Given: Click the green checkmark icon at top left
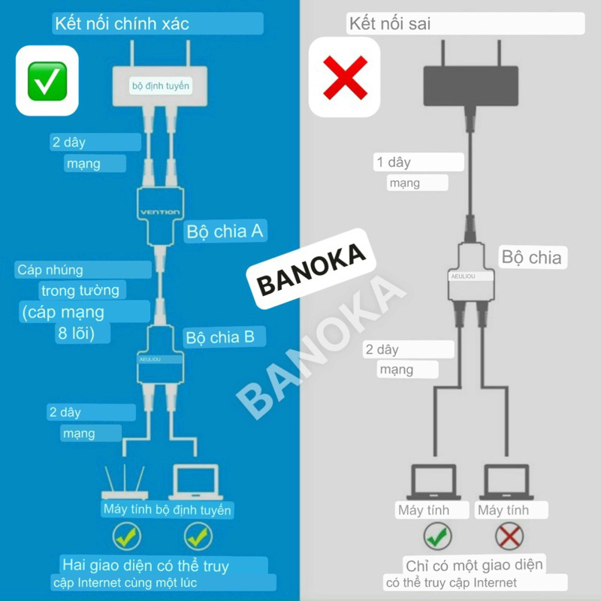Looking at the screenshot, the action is (x=47, y=80).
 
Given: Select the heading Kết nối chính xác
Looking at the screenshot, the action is (x=122, y=23).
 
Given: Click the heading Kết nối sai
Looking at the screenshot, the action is (x=389, y=23).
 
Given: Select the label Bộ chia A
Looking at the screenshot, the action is (x=224, y=231).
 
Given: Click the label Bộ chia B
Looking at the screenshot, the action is (x=220, y=337).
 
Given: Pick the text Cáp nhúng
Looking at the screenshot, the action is (x=50, y=270).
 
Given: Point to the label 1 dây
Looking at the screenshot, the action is (x=393, y=162).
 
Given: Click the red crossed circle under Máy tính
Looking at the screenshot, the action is (x=509, y=536).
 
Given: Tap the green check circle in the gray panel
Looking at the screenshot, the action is (x=436, y=536).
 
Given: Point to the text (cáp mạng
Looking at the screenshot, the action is (x=63, y=311).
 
